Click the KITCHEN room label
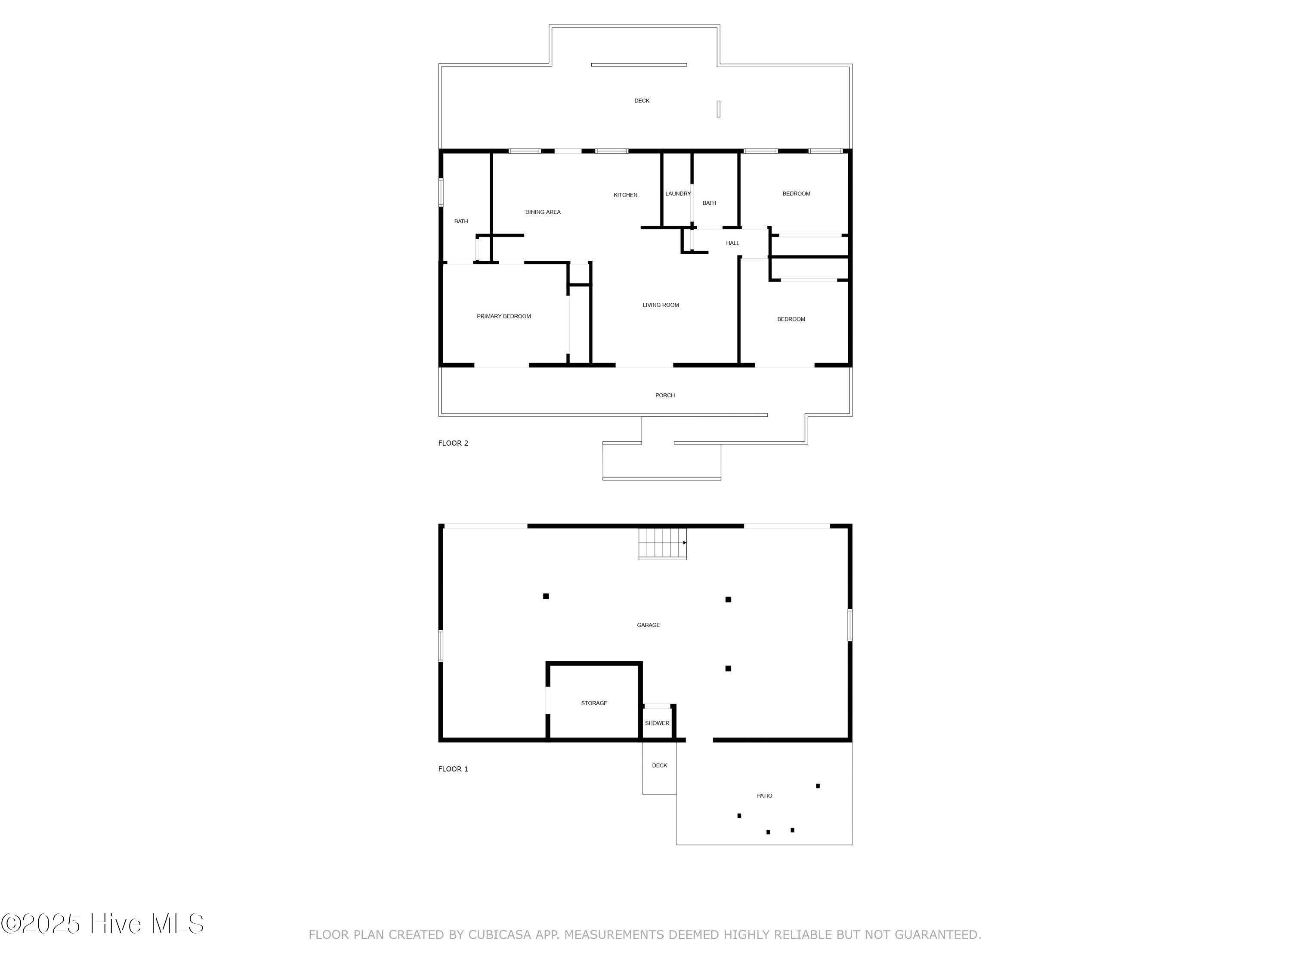(625, 195)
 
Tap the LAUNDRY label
(678, 194)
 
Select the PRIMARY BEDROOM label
(503, 316)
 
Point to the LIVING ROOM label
(661, 305)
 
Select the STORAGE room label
(594, 703)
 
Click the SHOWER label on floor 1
(657, 723)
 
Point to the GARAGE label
(649, 625)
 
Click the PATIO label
(765, 796)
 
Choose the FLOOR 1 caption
(453, 769)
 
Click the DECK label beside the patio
(660, 765)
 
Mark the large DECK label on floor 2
(642, 101)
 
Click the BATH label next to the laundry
(709, 203)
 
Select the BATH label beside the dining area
(461, 222)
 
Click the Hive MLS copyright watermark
(102, 923)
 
